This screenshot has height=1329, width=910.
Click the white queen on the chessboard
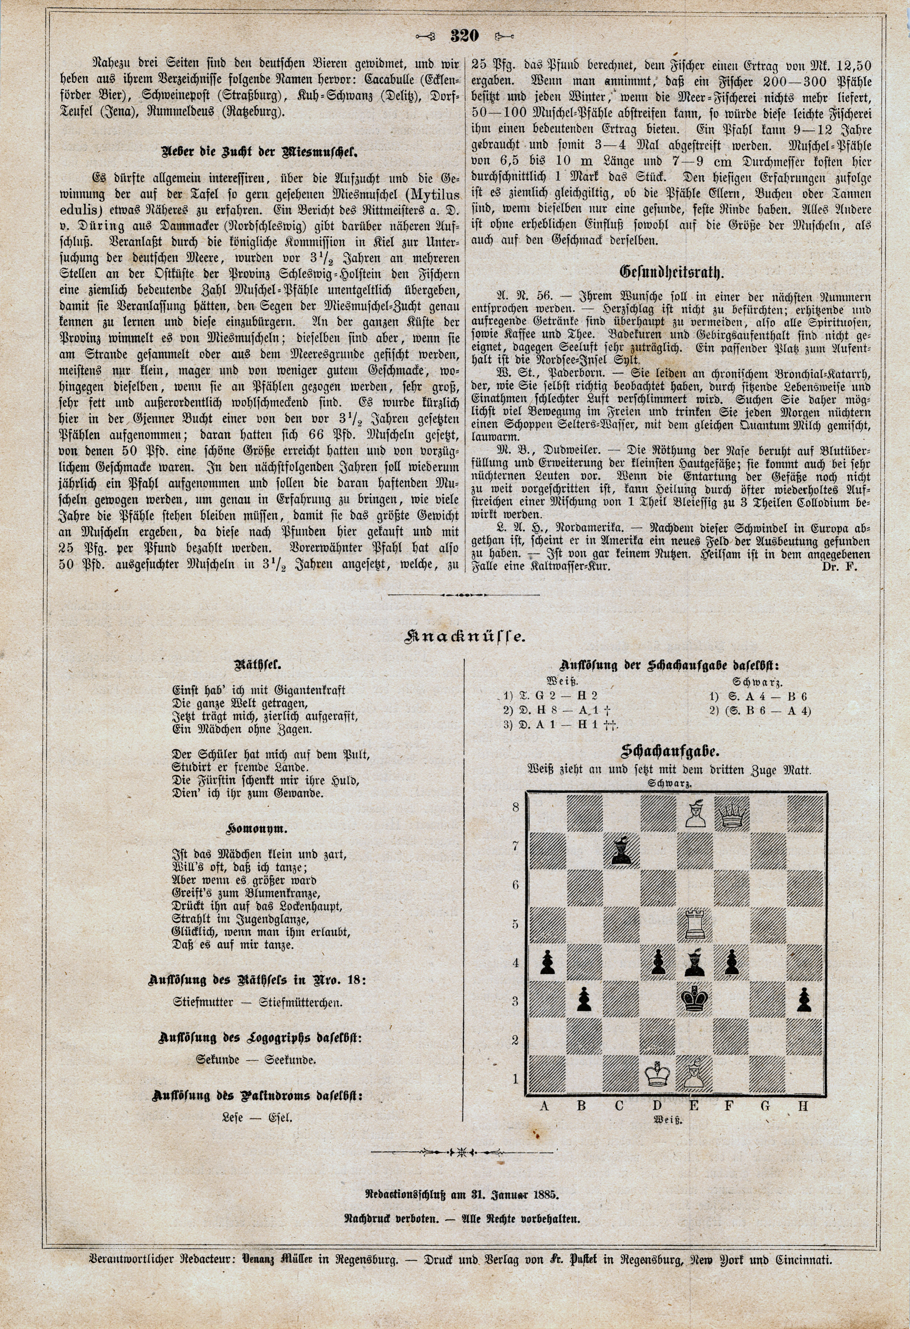tap(730, 815)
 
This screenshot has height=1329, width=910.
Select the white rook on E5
tap(693, 923)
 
